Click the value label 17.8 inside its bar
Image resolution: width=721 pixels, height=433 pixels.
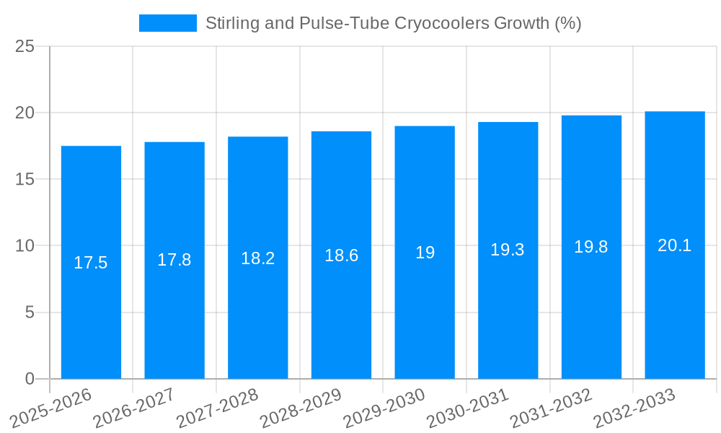pos(174,260)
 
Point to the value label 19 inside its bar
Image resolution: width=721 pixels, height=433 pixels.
pos(425,253)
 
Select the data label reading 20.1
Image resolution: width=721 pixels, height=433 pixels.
pos(675,245)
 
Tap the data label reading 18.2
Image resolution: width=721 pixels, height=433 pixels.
pos(258,258)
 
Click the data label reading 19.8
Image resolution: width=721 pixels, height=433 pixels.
pos(591,247)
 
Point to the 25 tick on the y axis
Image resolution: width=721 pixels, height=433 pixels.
pos(25,47)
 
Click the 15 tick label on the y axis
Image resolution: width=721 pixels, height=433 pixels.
pos(25,180)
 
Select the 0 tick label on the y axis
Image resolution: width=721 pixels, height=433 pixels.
pos(30,379)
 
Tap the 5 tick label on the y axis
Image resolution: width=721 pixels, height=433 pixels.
pos(30,312)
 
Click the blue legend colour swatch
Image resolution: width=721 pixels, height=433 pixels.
pos(167,23)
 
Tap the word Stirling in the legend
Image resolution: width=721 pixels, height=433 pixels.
pos(230,23)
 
